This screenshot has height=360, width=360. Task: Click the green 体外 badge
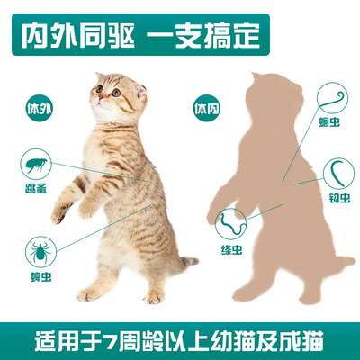[35, 111]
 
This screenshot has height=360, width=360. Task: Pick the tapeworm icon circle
[229, 217]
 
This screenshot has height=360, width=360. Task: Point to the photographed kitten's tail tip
[193, 262]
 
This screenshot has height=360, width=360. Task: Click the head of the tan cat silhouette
[262, 99]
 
